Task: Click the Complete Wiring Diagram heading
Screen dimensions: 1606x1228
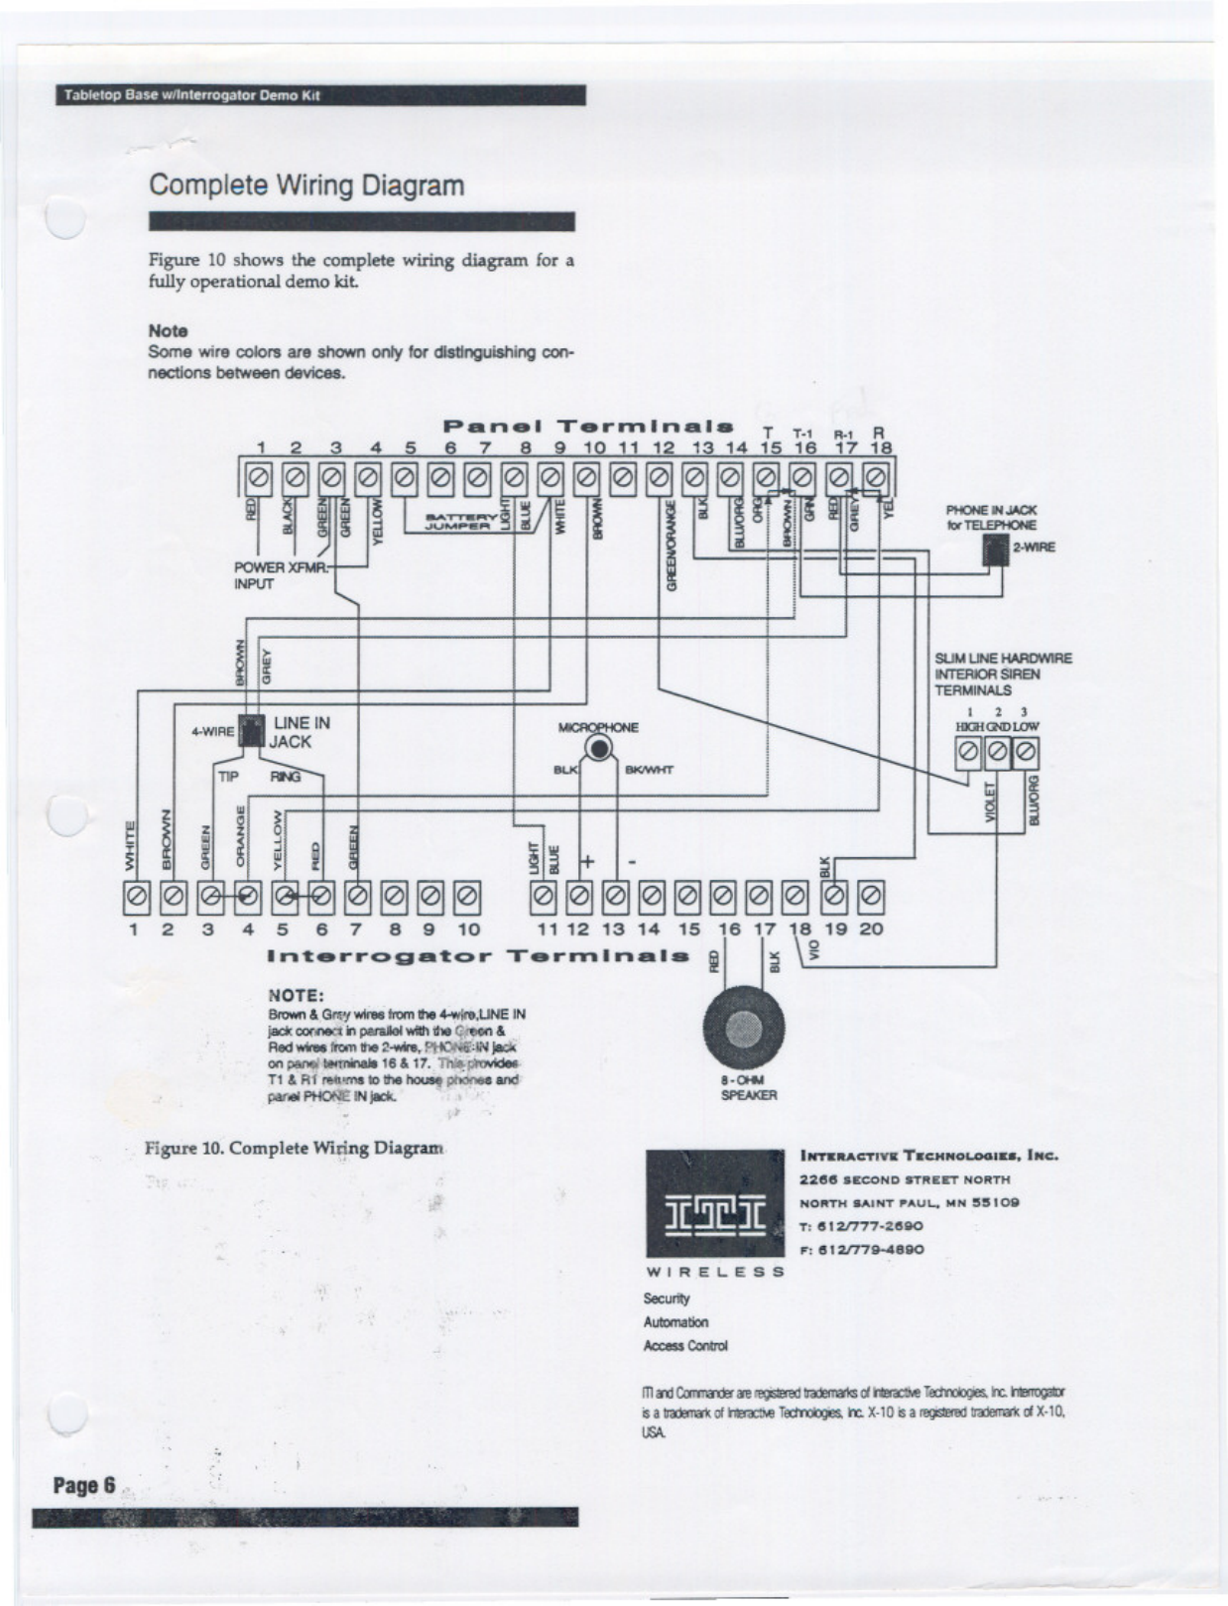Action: point(306,185)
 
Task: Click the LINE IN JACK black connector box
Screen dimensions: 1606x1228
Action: point(251,730)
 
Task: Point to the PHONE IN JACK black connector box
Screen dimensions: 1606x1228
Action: point(995,549)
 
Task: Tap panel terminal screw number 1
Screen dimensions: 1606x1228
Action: point(259,480)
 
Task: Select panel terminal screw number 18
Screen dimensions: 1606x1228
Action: point(875,480)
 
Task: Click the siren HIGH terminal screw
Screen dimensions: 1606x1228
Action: point(968,756)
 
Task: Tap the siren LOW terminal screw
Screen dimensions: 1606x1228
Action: point(1026,756)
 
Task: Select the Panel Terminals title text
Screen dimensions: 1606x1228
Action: point(588,427)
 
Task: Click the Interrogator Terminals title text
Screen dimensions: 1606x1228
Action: point(478,956)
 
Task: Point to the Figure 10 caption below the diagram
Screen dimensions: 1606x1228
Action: point(294,1149)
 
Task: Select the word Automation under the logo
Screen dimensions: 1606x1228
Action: point(675,1322)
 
